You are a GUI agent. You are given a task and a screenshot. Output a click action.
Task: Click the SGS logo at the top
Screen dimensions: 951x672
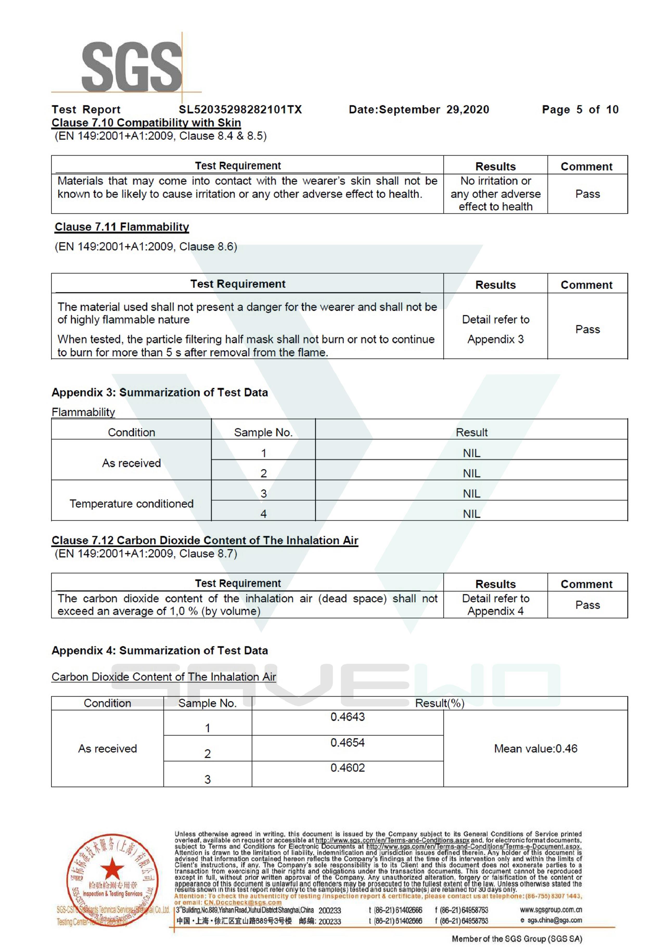132,66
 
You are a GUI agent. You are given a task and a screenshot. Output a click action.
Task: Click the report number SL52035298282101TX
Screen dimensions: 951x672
240,110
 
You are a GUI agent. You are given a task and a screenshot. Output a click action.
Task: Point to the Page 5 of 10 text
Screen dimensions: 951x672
580,110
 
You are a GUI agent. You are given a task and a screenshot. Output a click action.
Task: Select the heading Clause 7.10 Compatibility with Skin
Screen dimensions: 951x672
146,123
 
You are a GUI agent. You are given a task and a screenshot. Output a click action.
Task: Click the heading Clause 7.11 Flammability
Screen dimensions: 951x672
122,227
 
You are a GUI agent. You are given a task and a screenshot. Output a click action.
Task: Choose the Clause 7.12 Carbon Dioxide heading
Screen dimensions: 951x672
204,541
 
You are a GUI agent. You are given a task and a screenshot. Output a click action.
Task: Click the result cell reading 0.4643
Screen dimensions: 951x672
347,717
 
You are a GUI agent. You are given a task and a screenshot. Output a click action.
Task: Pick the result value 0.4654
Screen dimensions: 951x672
347,743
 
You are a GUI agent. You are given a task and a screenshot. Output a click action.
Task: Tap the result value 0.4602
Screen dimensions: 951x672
347,768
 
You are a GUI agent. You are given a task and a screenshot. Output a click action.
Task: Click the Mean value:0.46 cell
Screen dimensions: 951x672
535,749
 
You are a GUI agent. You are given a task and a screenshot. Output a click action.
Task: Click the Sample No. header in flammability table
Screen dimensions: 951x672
263,432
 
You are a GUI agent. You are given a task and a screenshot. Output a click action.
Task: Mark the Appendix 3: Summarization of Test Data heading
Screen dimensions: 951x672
159,393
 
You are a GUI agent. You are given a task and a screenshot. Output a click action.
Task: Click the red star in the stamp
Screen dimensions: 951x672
112,868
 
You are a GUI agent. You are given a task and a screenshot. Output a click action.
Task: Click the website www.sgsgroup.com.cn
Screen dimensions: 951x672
551,910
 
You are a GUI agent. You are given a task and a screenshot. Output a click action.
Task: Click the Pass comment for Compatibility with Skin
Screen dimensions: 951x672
587,194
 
